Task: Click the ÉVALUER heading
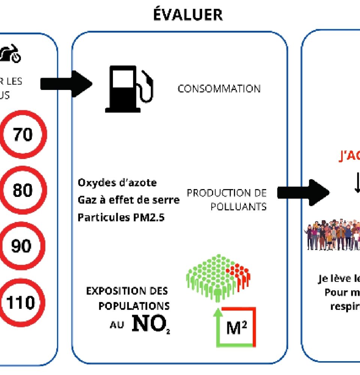[x=188, y=15]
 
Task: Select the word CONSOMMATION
[x=219, y=89]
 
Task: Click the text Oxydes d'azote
[x=117, y=183]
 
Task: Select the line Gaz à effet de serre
[x=129, y=200]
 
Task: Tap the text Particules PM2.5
[x=121, y=217]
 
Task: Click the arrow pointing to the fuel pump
[x=66, y=83]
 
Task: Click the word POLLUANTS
[x=238, y=207]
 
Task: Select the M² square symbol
[x=236, y=327]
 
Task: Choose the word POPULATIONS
[x=134, y=306]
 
